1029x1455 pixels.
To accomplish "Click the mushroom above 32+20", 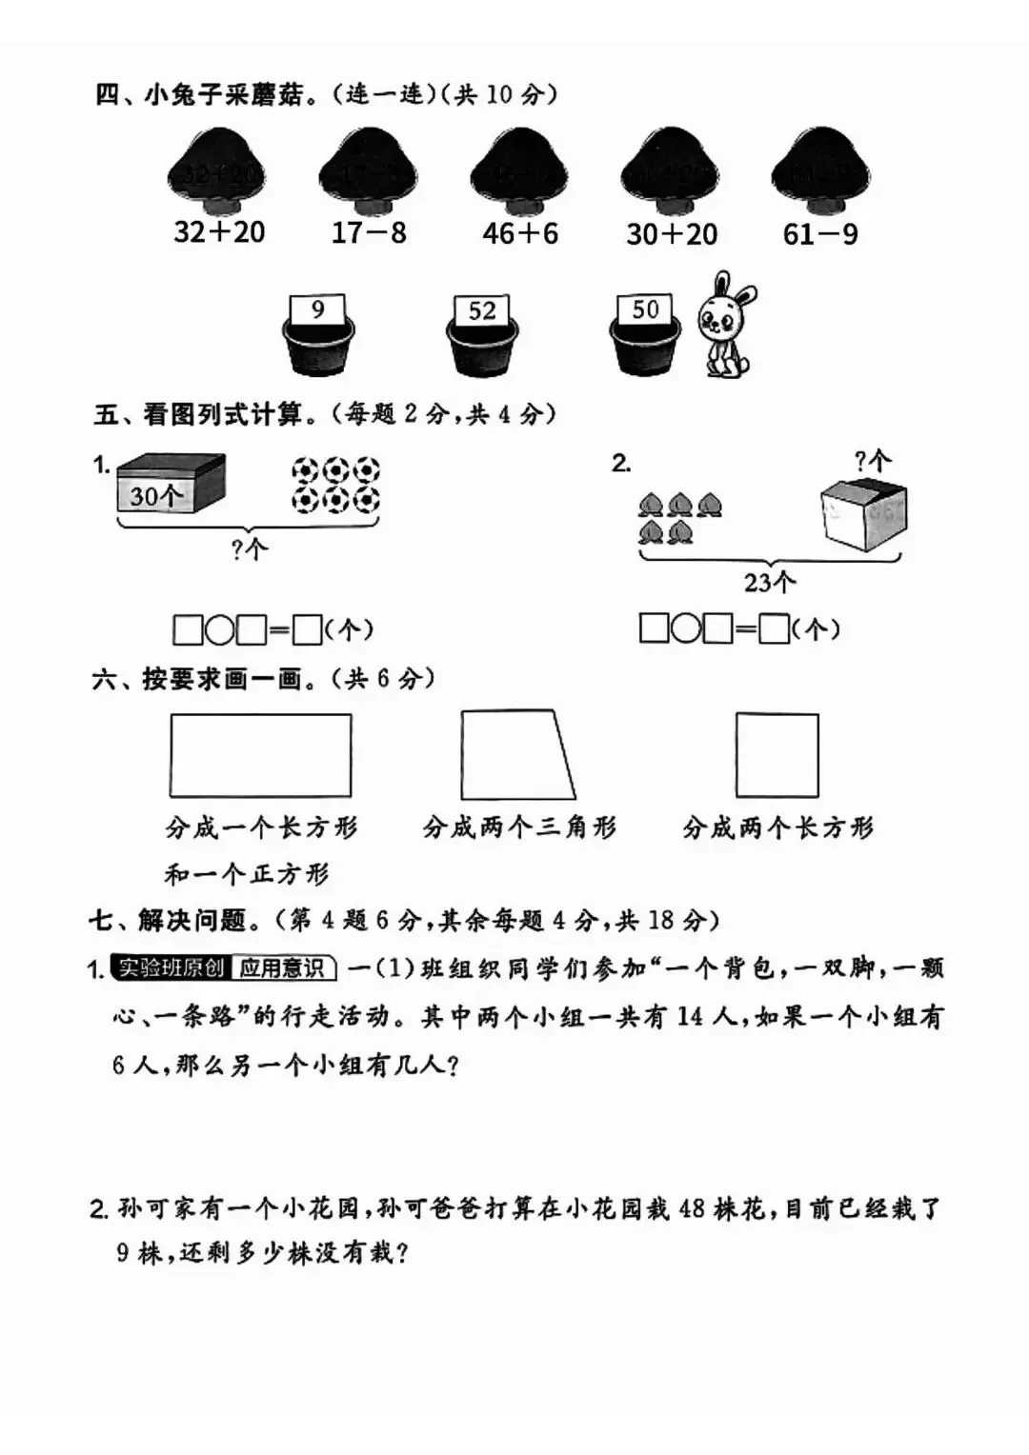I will [217, 171].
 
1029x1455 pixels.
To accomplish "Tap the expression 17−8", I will [369, 232].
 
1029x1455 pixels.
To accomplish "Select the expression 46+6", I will [520, 233].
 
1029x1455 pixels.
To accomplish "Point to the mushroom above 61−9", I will [820, 171].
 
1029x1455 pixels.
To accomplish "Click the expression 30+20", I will [672, 233].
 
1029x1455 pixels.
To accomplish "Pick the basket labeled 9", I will [318, 339].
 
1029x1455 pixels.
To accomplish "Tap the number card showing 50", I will [645, 309].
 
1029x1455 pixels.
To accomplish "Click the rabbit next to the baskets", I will [724, 324].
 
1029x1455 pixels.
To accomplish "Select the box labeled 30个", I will [171, 485].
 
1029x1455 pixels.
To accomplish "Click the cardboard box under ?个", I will [863, 514].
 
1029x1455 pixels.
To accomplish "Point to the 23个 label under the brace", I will [770, 582].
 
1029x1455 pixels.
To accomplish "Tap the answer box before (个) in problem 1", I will [307, 630].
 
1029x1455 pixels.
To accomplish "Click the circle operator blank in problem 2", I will [685, 628].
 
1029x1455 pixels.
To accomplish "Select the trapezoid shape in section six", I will [515, 754].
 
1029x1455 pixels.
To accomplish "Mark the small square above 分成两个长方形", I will [777, 755].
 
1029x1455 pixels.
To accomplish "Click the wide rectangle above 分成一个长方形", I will [260, 755].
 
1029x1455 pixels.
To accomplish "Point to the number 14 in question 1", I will [692, 1017].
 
